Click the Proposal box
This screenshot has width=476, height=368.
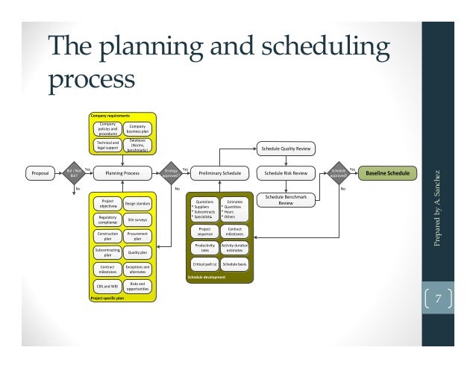point(40,173)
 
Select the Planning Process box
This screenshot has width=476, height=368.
point(122,173)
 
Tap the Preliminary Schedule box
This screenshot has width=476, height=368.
point(219,173)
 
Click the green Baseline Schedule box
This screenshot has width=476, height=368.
point(386,173)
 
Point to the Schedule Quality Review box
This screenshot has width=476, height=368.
point(286,147)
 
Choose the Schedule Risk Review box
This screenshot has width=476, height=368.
point(286,173)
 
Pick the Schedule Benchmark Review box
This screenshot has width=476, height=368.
point(286,200)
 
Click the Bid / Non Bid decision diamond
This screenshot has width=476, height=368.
point(73,173)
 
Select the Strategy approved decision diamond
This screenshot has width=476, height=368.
point(170,173)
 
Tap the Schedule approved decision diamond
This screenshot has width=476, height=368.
point(340,173)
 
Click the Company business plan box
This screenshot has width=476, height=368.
point(137,128)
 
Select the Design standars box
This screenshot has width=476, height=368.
point(137,204)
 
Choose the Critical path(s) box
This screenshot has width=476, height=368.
point(205,263)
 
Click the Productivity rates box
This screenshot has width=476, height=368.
point(205,247)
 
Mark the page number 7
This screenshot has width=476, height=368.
point(439,300)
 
